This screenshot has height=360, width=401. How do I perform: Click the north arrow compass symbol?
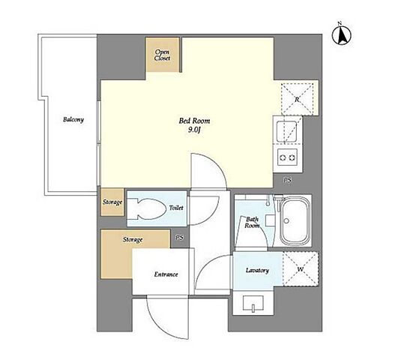pyautogui.click(x=342, y=34)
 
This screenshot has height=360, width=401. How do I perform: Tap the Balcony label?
pyautogui.click(x=73, y=119)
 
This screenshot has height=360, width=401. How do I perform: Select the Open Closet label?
pyautogui.click(x=162, y=55)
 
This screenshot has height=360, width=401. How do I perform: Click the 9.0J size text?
pyautogui.click(x=194, y=130)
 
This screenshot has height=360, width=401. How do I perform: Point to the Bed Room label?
pyautogui.click(x=194, y=121)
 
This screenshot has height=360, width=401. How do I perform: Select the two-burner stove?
pyautogui.click(x=288, y=157)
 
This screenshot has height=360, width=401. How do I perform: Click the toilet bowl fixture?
pyautogui.click(x=146, y=208)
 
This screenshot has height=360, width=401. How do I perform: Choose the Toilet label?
pyautogui.click(x=176, y=208)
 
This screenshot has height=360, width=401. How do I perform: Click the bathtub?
pyautogui.click(x=294, y=222)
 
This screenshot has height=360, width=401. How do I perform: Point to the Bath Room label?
pyautogui.click(x=252, y=222)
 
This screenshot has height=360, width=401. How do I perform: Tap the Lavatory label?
pyautogui.click(x=257, y=271)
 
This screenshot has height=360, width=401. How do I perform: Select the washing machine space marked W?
pyautogui.click(x=301, y=269)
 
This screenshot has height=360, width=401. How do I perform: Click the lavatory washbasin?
pyautogui.click(x=253, y=303)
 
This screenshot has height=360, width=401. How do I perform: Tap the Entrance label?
pyautogui.click(x=166, y=274)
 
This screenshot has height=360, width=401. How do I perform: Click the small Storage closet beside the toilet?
pyautogui.click(x=112, y=202)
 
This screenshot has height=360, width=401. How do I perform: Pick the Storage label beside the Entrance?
pyautogui.click(x=133, y=240)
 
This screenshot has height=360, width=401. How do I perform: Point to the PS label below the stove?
pyautogui.click(x=288, y=180)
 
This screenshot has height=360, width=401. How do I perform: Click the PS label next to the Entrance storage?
pyautogui.click(x=180, y=238)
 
